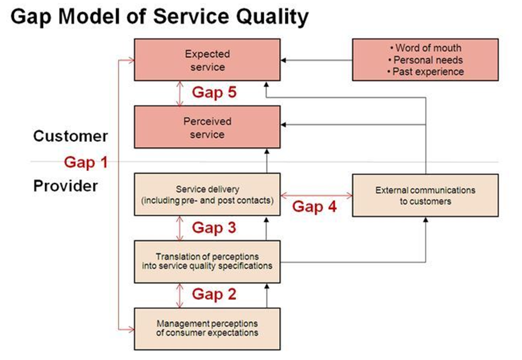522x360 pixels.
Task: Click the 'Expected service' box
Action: (207, 60)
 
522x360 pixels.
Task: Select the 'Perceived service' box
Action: (207, 128)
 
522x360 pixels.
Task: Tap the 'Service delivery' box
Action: (207, 195)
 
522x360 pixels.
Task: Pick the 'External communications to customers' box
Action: (425, 195)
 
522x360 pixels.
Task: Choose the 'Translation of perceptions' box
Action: (207, 261)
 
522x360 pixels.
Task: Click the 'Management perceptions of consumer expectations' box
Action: (207, 328)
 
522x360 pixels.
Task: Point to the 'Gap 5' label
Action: (214, 93)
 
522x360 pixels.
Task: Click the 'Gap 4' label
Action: (315, 207)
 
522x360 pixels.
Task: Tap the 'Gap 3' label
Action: (214, 227)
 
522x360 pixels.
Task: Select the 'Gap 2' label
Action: (214, 294)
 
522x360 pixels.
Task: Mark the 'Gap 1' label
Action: (86, 162)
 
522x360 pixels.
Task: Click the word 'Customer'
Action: (70, 136)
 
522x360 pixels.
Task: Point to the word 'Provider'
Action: (65, 185)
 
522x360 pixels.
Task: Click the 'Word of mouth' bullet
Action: (425, 48)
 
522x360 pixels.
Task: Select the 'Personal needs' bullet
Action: (425, 60)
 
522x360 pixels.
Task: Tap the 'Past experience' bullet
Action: (425, 72)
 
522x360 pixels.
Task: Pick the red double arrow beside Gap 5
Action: (179, 93)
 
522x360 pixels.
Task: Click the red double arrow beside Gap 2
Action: (179, 295)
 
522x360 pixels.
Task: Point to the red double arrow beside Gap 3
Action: (179, 228)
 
